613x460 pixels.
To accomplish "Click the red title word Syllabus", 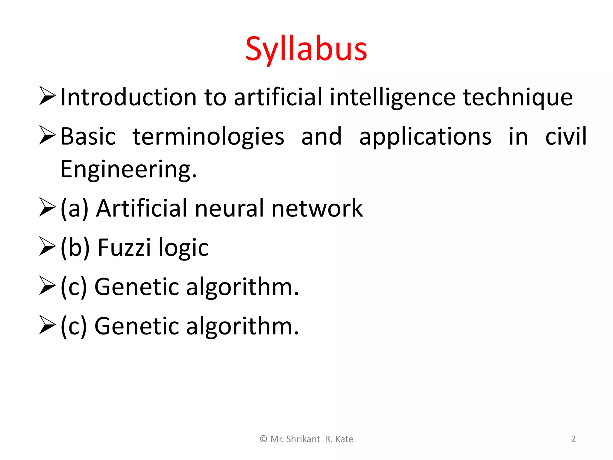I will [x=306, y=49].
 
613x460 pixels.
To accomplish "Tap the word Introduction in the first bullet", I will [x=128, y=97].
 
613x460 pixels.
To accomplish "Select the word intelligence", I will [x=393, y=97].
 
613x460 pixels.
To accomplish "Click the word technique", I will [x=518, y=97].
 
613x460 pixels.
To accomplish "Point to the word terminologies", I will [x=208, y=137].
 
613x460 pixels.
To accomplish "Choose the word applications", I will [x=425, y=137].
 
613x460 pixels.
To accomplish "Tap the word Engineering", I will [x=128, y=170].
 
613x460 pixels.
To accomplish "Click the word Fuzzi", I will [x=124, y=247].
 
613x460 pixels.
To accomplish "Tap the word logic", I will [x=183, y=248].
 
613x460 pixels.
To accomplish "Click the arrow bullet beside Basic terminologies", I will [x=47, y=135].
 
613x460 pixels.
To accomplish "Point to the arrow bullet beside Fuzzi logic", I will [x=47, y=246].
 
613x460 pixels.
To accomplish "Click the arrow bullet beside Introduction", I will [x=47, y=96].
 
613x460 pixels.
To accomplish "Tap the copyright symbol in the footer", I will [x=263, y=439].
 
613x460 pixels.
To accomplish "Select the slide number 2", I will [x=573, y=439].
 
